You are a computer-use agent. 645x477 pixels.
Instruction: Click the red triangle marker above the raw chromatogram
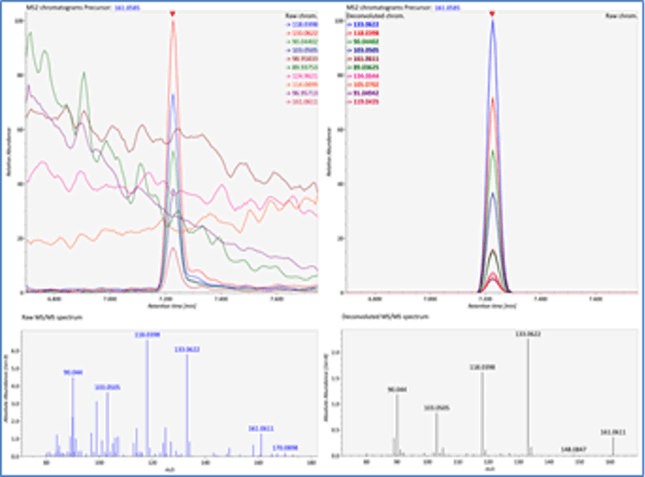point(173,14)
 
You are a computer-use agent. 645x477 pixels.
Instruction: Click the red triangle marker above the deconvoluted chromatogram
point(492,14)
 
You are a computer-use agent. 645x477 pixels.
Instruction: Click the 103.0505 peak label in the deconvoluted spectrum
point(437,408)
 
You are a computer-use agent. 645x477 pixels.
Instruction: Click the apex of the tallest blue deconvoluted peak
point(493,21)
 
